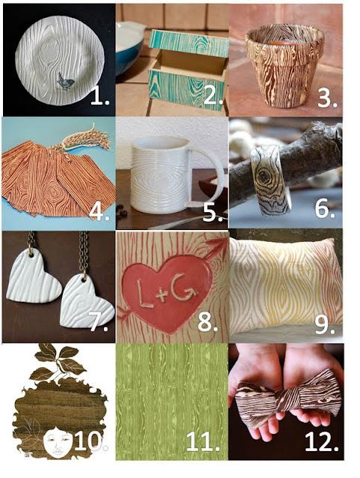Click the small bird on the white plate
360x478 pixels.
coord(66,82)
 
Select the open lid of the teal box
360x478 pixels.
coord(189,43)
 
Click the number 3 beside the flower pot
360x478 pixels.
coord(327,97)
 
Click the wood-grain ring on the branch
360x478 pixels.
coord(270,180)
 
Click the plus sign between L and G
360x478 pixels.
coord(160,295)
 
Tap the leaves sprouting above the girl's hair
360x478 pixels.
coord(59,362)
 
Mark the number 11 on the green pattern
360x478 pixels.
coord(202,441)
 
